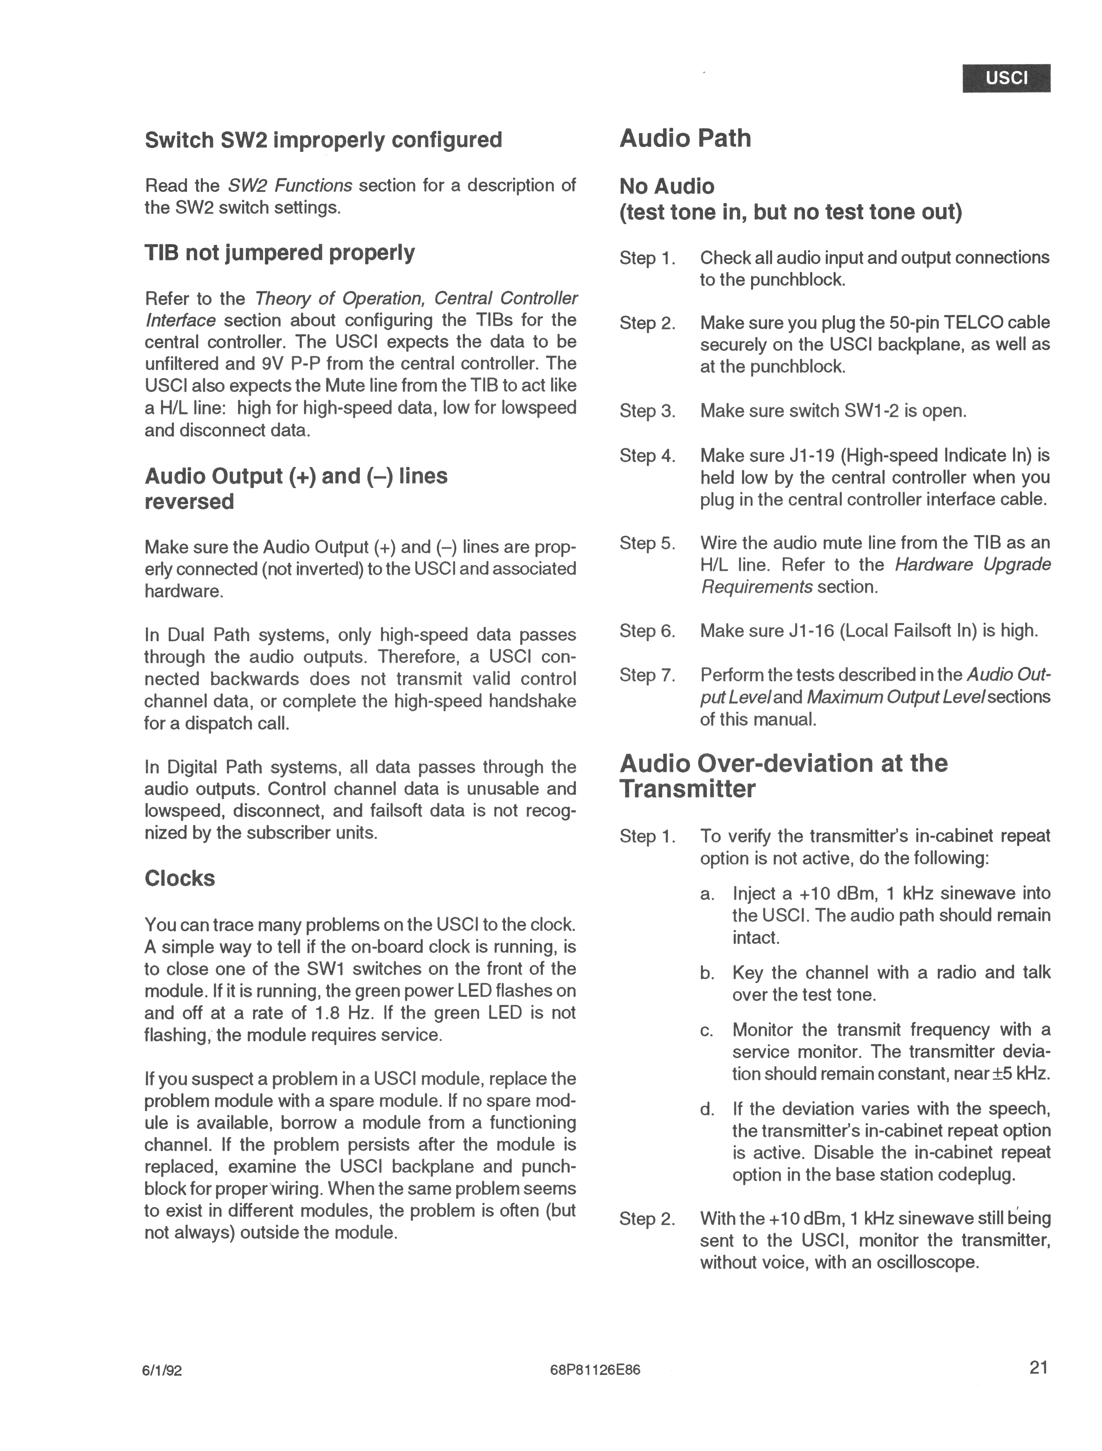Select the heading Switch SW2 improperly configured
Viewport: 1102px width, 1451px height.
[323, 140]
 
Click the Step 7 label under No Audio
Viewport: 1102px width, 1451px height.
[647, 675]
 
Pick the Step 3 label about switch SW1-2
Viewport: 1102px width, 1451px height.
[647, 411]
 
